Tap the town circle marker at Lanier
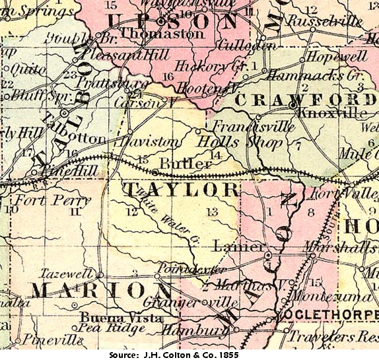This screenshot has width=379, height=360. point(268,254)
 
